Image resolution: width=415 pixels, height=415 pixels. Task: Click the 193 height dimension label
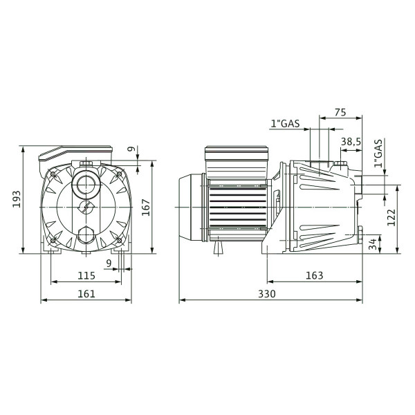point(17,199)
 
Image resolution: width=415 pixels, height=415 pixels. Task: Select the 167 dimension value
point(146,207)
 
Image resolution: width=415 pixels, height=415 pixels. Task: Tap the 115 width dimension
point(86,275)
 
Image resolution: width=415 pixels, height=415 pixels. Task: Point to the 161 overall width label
point(86,294)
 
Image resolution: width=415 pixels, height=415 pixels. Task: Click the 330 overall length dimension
point(267,294)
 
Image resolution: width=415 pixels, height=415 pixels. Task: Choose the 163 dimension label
point(315,275)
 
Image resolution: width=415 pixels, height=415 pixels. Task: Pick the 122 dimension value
point(391,217)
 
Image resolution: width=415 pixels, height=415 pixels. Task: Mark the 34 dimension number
point(373,244)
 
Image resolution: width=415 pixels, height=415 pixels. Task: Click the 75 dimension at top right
point(340,112)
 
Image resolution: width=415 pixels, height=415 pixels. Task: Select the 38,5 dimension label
point(351,142)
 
